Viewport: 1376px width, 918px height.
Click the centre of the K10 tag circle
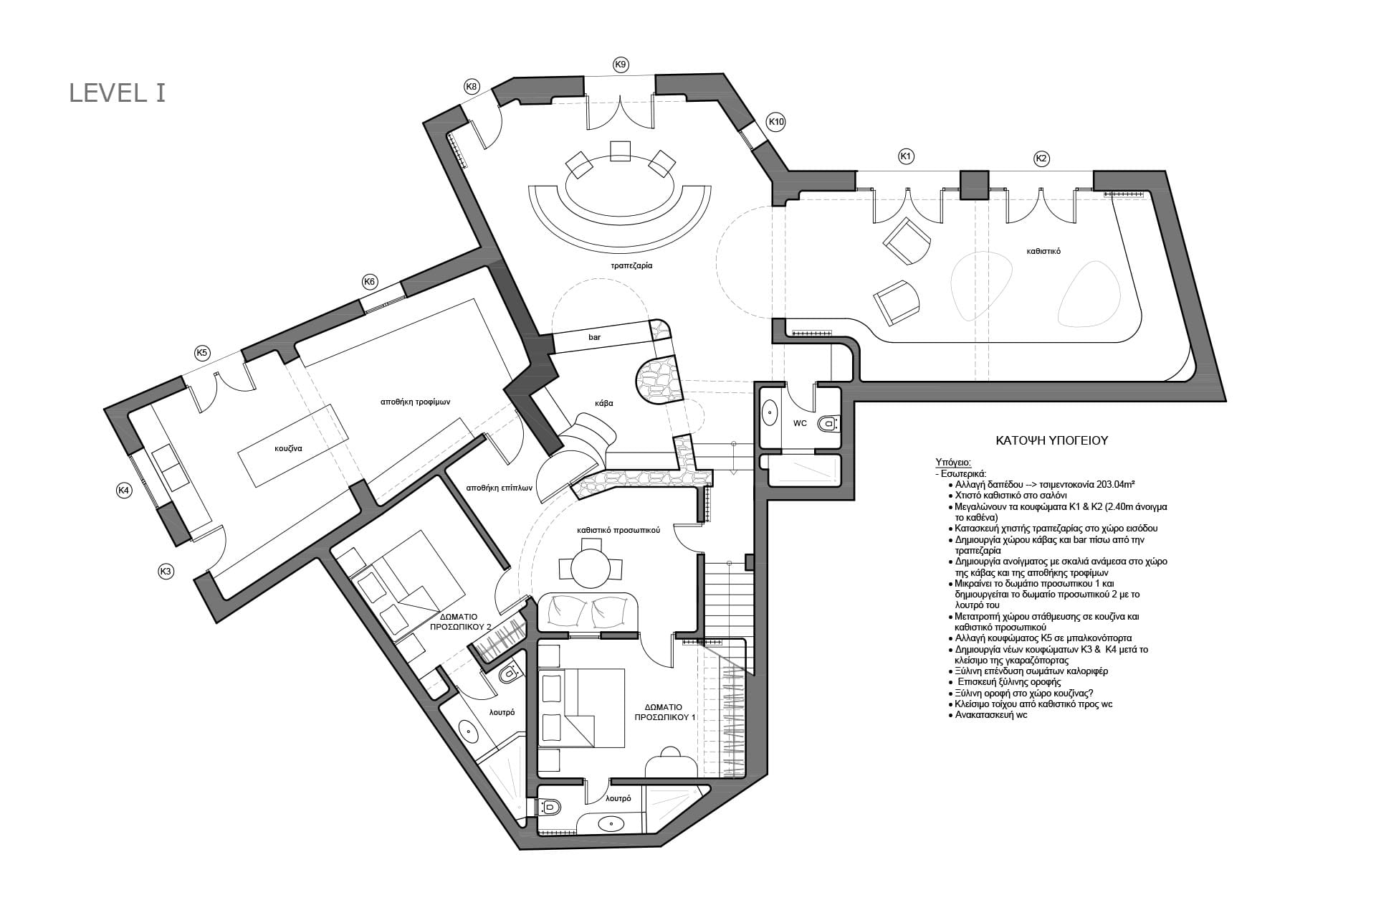click(776, 123)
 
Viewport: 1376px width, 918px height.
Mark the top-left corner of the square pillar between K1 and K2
click(960, 171)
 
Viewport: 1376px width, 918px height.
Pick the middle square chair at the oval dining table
click(619, 150)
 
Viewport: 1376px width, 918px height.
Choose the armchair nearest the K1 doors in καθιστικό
click(907, 240)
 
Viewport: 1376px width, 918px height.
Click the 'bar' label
click(594, 336)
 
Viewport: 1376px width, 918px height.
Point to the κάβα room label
click(604, 403)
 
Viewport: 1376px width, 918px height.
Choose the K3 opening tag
click(166, 572)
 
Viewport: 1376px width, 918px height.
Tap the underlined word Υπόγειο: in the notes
click(953, 463)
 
